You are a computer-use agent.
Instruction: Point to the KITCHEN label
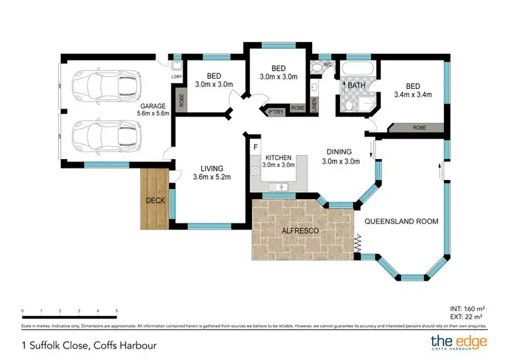click(x=278, y=156)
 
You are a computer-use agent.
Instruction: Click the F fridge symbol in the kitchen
click(x=256, y=147)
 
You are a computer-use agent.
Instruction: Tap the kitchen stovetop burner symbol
click(x=256, y=170)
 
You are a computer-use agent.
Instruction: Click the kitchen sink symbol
click(x=280, y=185)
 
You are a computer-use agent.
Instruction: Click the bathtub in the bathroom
click(x=357, y=69)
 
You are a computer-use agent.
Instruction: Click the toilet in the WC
click(x=316, y=68)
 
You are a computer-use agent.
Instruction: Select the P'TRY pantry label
click(x=275, y=111)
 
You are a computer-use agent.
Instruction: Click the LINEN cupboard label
click(x=314, y=104)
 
